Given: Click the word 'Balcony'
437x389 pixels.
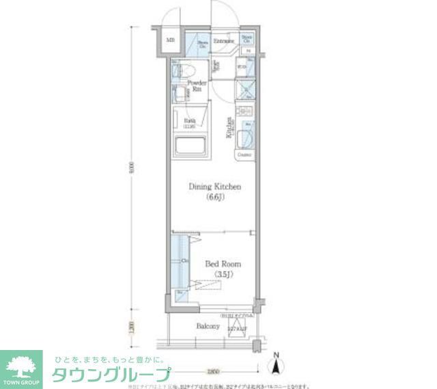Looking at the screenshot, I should tap(208, 327).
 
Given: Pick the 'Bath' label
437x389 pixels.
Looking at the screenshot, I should tap(189, 122).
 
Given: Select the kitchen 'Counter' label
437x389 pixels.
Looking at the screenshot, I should tap(244, 155).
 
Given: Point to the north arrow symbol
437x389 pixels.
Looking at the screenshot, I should tap(276, 367).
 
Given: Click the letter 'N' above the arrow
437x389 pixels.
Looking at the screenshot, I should tap(276, 355).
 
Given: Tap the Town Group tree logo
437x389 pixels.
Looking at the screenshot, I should tap(20, 364).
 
